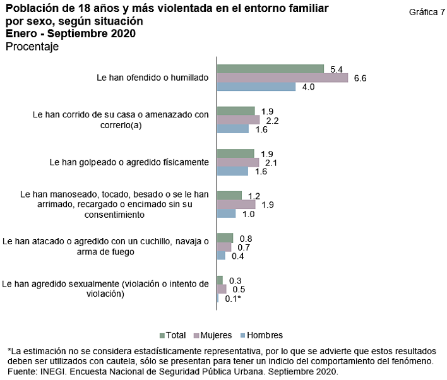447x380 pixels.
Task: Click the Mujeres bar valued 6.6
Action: (x=282, y=78)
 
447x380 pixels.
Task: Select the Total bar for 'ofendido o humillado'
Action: (x=270, y=69)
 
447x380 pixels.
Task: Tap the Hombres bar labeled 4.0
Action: (x=256, y=87)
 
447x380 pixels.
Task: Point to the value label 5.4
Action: (x=337, y=68)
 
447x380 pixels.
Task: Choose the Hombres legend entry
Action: (x=261, y=335)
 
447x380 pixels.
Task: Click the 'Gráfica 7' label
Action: (x=426, y=12)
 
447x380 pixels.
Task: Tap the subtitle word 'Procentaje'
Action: (x=32, y=47)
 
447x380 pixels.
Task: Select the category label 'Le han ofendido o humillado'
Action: (x=152, y=78)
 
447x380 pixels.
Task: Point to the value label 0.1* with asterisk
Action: (x=233, y=299)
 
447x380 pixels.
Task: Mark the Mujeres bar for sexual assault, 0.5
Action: (x=222, y=289)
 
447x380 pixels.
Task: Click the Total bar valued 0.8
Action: (x=225, y=238)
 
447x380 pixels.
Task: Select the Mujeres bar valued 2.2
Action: (x=238, y=120)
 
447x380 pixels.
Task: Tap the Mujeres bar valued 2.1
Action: (x=237, y=162)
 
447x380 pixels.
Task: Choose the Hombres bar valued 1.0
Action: (x=226, y=213)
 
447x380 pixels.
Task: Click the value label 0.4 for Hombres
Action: (x=237, y=256)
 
